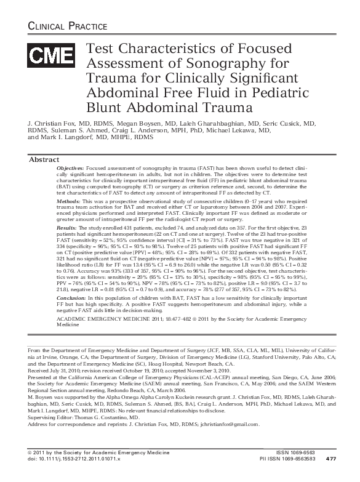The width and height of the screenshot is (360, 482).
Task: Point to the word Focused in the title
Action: (x=223, y=48)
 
